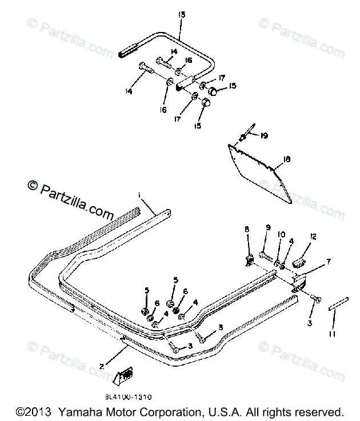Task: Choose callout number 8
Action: click(x=247, y=230)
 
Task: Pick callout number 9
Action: click(x=267, y=230)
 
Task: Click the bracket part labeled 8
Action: click(x=250, y=260)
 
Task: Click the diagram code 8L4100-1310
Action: click(x=129, y=394)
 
